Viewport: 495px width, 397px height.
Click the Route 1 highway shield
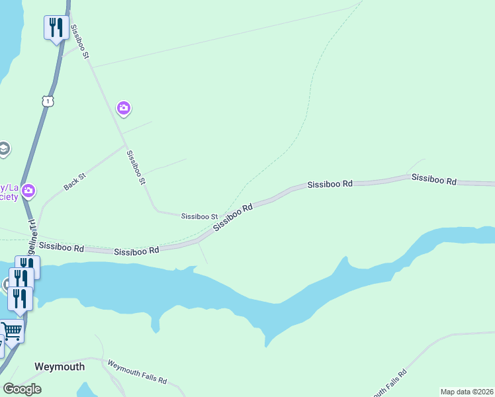tap(47, 101)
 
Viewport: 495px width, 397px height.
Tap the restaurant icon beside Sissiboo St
tap(56, 28)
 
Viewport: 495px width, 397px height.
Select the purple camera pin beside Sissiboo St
tap(123, 108)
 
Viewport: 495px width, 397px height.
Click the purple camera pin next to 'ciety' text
tap(28, 192)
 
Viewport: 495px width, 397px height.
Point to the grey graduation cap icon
tap(3, 148)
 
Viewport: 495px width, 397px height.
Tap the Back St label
tap(75, 182)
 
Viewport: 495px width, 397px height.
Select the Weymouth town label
tap(60, 367)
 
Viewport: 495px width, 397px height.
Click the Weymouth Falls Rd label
tap(137, 373)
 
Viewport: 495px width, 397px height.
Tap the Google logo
tap(22, 388)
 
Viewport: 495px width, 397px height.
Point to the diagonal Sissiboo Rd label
tap(233, 218)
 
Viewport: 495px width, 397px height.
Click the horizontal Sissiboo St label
tap(199, 216)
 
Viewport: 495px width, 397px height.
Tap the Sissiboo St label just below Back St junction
tap(136, 166)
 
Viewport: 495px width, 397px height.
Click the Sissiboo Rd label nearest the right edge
tap(434, 179)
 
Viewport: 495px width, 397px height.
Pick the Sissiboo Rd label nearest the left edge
tap(61, 247)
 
